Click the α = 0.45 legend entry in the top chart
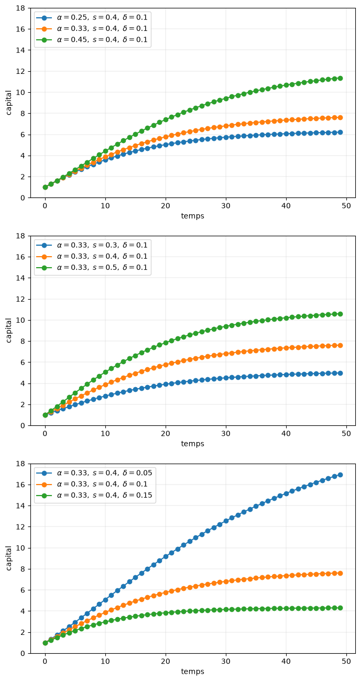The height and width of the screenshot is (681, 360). pyautogui.click(x=92, y=39)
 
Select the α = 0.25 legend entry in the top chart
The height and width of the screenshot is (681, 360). pyautogui.click(x=92, y=17)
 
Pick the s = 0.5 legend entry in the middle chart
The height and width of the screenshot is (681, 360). pyautogui.click(x=92, y=268)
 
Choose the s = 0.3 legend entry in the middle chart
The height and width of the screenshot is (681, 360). pyautogui.click(x=92, y=245)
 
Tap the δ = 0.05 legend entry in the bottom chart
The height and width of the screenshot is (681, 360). pyautogui.click(x=94, y=473)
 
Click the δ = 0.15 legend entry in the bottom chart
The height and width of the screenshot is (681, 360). pyautogui.click(x=94, y=495)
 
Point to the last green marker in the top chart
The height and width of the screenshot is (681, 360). pyautogui.click(x=340, y=78)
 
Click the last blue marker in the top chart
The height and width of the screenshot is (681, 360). pyautogui.click(x=340, y=132)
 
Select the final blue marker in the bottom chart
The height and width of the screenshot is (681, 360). pyautogui.click(x=340, y=475)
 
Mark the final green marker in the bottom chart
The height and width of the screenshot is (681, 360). pyautogui.click(x=340, y=608)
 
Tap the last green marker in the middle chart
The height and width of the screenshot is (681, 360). pyautogui.click(x=340, y=314)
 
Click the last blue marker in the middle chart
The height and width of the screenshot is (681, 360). pyautogui.click(x=340, y=373)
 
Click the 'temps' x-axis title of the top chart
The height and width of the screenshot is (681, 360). pyautogui.click(x=192, y=216)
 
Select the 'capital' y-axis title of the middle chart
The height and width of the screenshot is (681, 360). pyautogui.click(x=8, y=331)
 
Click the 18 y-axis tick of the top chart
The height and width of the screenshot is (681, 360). pyautogui.click(x=20, y=8)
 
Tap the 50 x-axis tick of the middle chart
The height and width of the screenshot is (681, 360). pyautogui.click(x=346, y=434)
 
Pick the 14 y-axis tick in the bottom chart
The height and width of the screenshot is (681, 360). pyautogui.click(x=20, y=506)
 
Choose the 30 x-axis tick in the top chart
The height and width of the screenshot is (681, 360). pyautogui.click(x=226, y=206)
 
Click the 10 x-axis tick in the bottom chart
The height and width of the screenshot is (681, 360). pyautogui.click(x=105, y=661)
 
